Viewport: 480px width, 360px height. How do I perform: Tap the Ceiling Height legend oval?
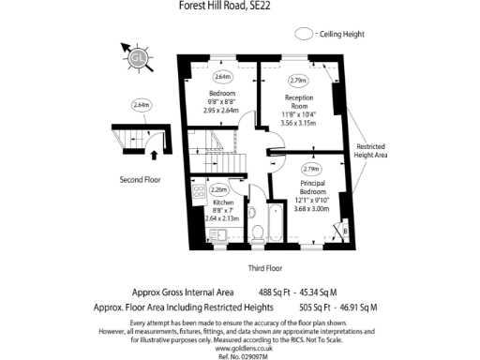[304, 34]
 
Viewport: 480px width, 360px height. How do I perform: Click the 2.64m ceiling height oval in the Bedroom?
[222, 77]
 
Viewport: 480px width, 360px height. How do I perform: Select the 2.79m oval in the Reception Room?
[298, 80]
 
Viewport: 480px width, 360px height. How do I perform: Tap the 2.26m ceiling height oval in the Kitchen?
[218, 189]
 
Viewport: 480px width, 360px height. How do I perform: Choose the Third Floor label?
[266, 268]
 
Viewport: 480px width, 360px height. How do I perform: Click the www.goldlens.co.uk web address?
[239, 348]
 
